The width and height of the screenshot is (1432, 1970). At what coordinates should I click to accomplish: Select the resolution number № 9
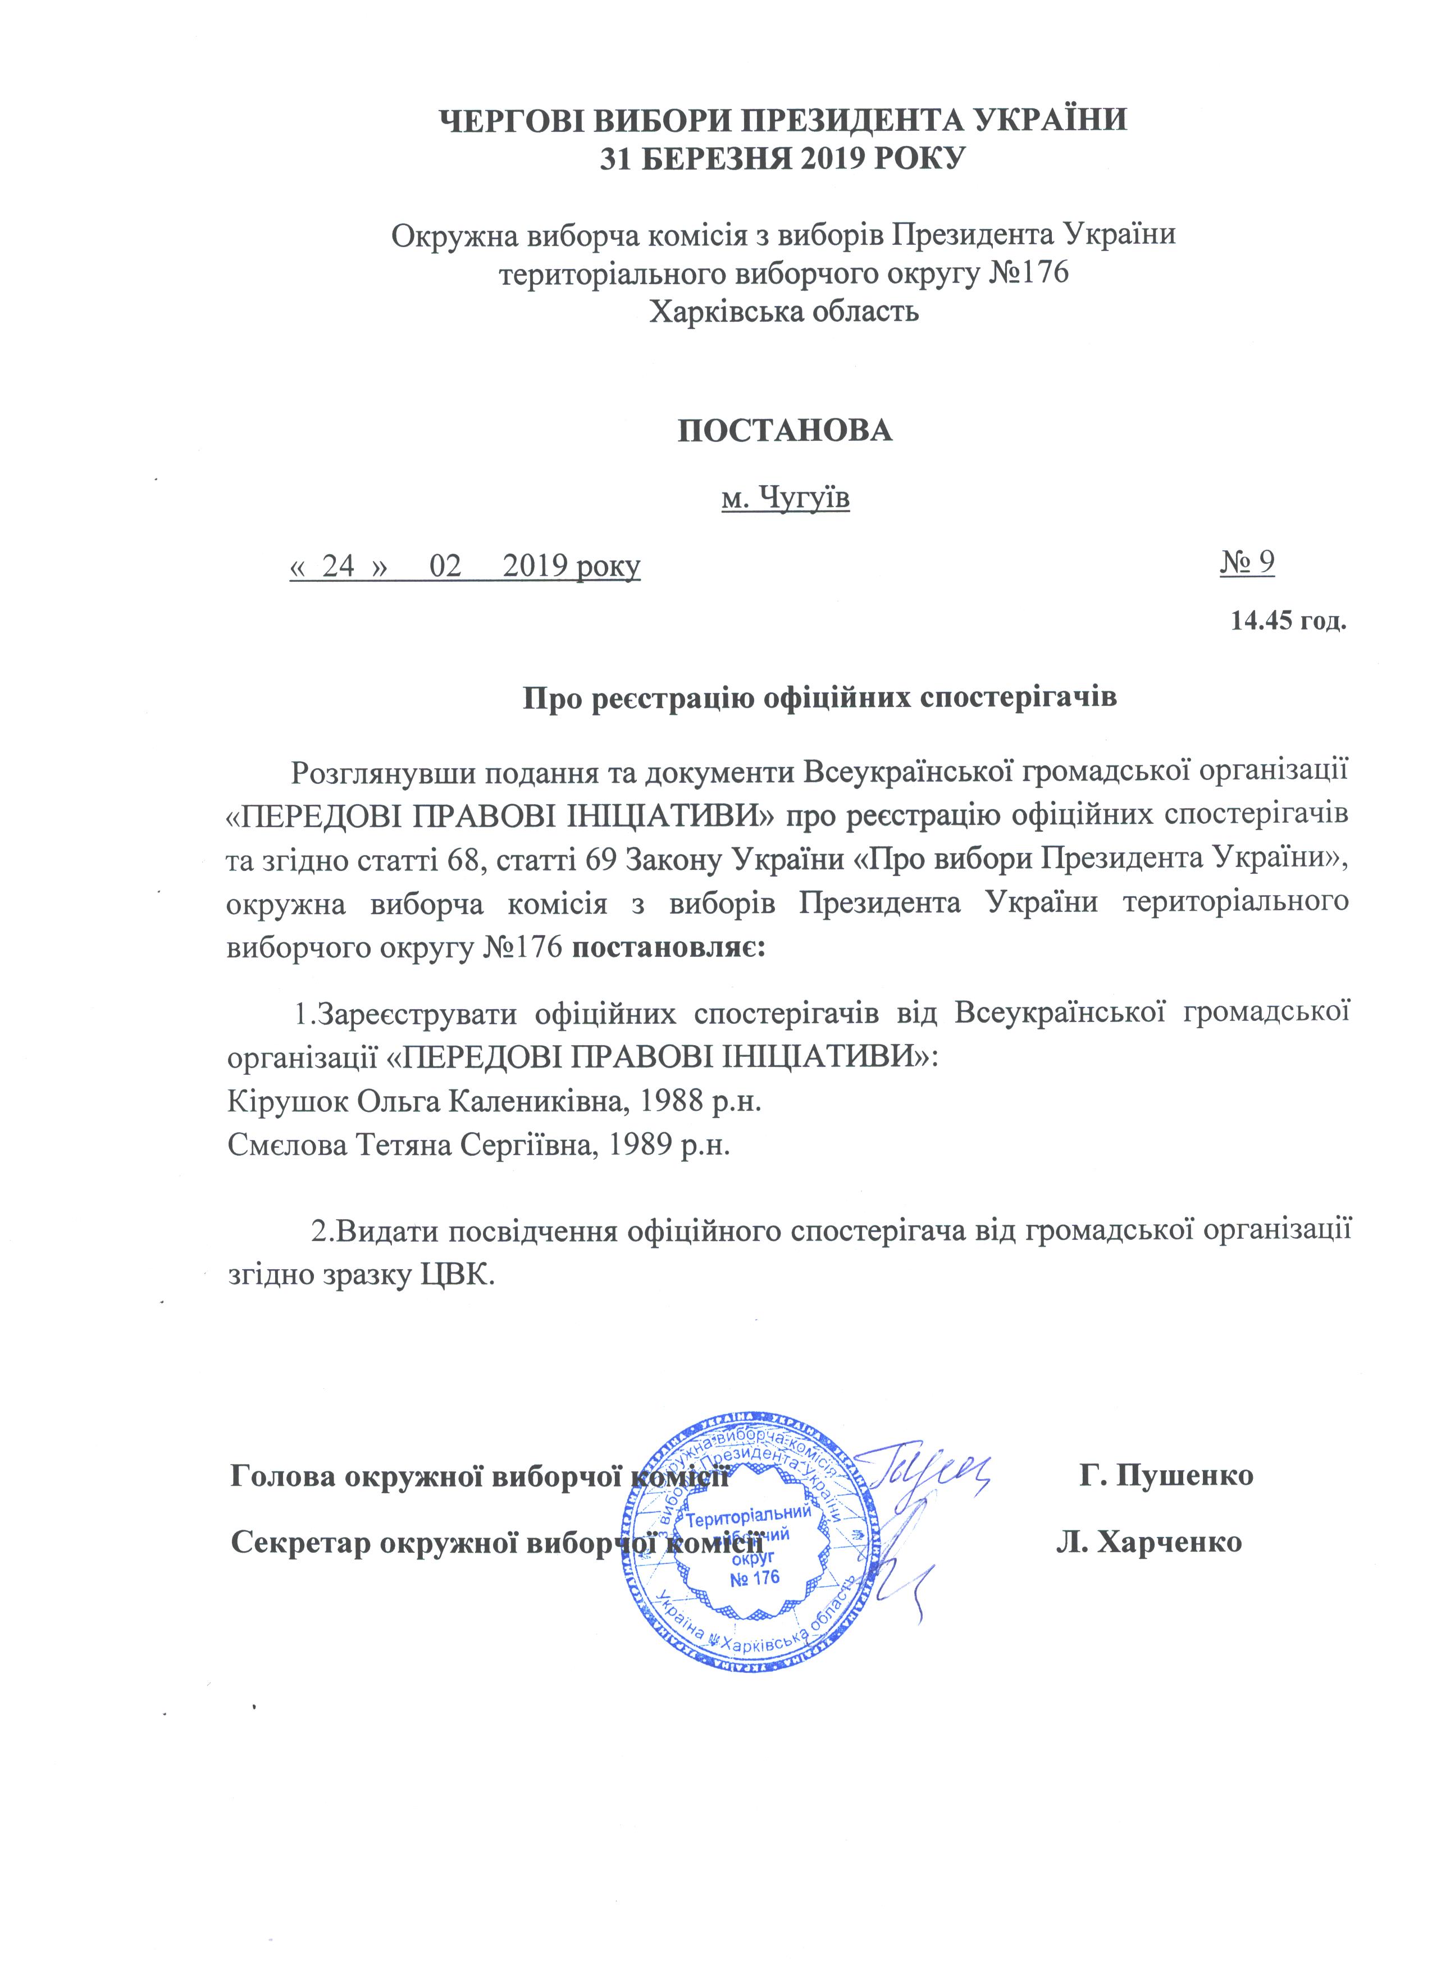tap(1247, 562)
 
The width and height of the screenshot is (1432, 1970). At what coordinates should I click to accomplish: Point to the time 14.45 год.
tap(1289, 622)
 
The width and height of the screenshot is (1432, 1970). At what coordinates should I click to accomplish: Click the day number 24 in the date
tap(339, 566)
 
